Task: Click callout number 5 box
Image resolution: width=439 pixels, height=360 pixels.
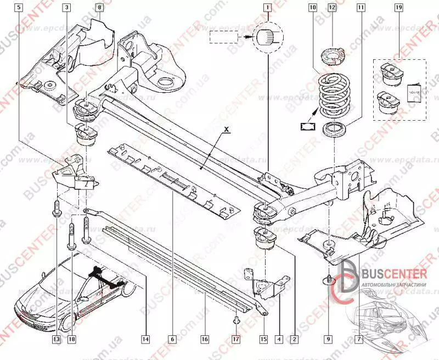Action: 20,8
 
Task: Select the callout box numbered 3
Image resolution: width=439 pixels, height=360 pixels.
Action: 66,8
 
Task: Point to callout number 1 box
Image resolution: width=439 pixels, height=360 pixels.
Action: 267,8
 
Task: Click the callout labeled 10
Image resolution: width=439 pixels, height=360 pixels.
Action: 312,8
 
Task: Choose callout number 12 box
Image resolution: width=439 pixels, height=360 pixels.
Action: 331,8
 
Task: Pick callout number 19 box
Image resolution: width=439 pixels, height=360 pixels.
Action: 398,8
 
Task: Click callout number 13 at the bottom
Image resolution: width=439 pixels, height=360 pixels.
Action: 57,340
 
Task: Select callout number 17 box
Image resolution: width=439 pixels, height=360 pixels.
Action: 237,340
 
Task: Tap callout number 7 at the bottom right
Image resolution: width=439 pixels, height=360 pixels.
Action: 359,340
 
